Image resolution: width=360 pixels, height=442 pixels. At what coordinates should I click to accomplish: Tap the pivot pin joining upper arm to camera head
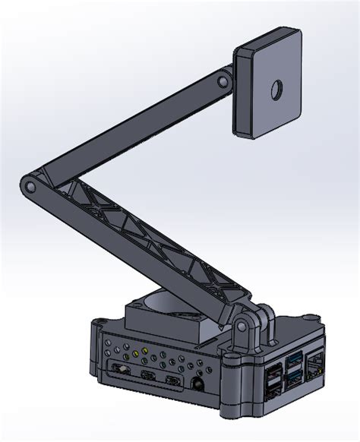point(223,81)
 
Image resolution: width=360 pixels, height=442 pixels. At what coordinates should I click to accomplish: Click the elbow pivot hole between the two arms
point(29,185)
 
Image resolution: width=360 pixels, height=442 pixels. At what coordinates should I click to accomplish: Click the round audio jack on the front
point(199,384)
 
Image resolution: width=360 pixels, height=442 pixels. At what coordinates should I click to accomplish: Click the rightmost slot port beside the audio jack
point(174,380)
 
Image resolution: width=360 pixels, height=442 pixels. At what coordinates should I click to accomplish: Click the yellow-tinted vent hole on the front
point(135,352)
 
